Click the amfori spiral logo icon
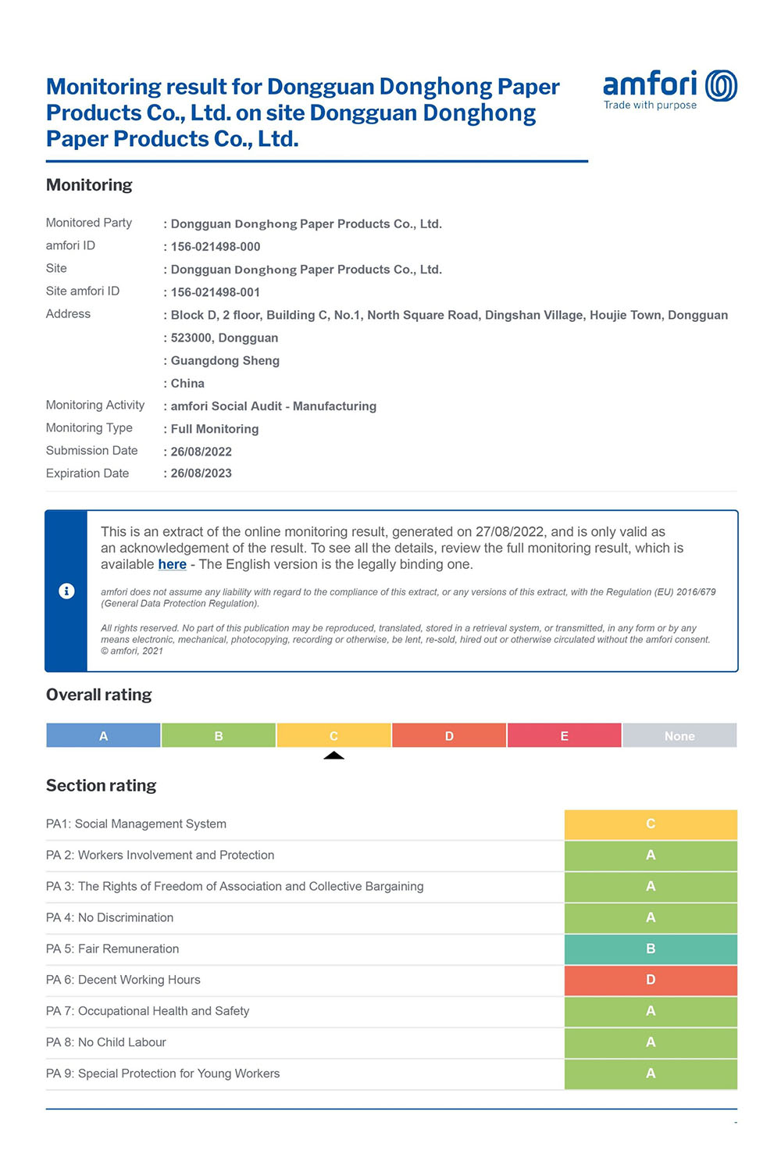tap(721, 86)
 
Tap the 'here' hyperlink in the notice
tap(172, 564)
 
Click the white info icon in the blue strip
tap(66, 591)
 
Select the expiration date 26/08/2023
tap(201, 473)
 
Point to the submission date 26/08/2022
tap(201, 452)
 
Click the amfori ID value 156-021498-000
tap(216, 247)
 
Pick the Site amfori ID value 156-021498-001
tap(216, 292)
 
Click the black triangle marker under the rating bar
tap(333, 756)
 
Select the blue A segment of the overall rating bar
tap(103, 736)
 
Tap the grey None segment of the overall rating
tap(679, 736)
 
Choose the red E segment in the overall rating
tap(564, 736)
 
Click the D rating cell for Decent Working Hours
tap(651, 980)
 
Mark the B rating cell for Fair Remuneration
tap(651, 949)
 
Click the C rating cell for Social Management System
tap(651, 824)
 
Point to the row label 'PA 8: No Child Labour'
tap(106, 1042)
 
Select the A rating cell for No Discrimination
tap(651, 917)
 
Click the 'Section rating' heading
tap(101, 785)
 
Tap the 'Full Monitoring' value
tap(215, 429)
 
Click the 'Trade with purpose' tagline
tap(650, 105)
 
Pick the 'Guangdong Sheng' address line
tap(225, 361)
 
